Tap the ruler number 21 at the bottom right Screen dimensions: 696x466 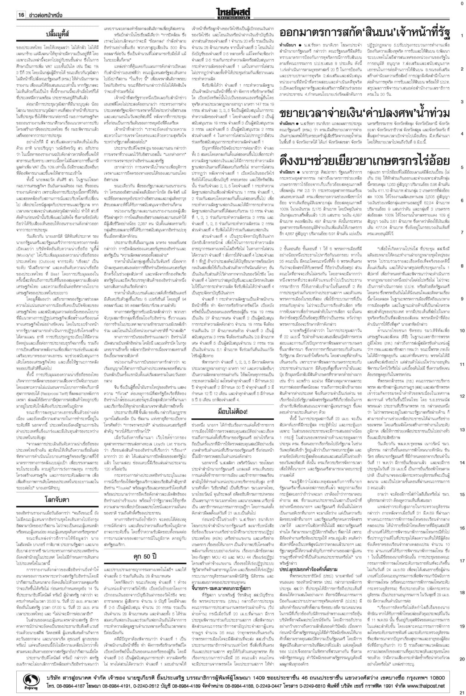pyautogui.click(x=462, y=691)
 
